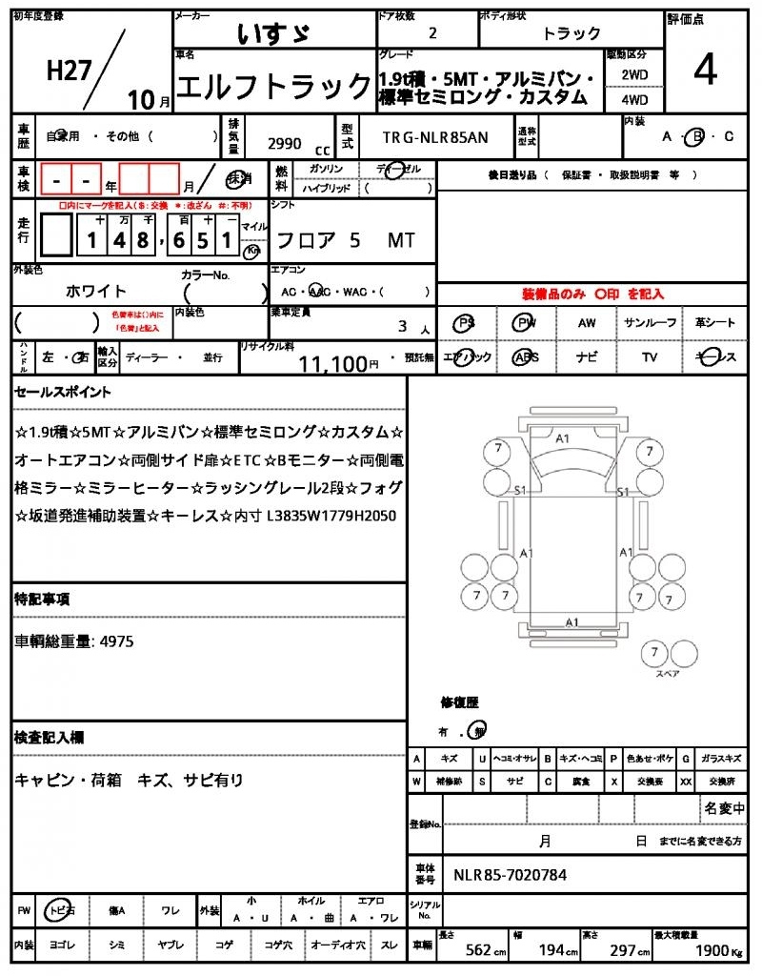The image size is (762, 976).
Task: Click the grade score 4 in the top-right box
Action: click(705, 72)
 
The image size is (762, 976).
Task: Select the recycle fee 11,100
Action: click(332, 363)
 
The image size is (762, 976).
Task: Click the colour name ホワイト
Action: click(95, 291)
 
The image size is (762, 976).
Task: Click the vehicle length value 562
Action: click(478, 949)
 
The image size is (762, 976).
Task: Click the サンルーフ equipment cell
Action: click(651, 323)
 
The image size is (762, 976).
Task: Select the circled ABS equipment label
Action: click(525, 357)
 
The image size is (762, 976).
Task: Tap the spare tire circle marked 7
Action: click(653, 653)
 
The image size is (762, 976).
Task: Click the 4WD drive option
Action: click(634, 98)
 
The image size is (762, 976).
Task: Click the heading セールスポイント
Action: click(63, 392)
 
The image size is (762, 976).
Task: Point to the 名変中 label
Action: click(724, 808)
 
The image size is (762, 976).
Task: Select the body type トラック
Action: click(571, 33)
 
